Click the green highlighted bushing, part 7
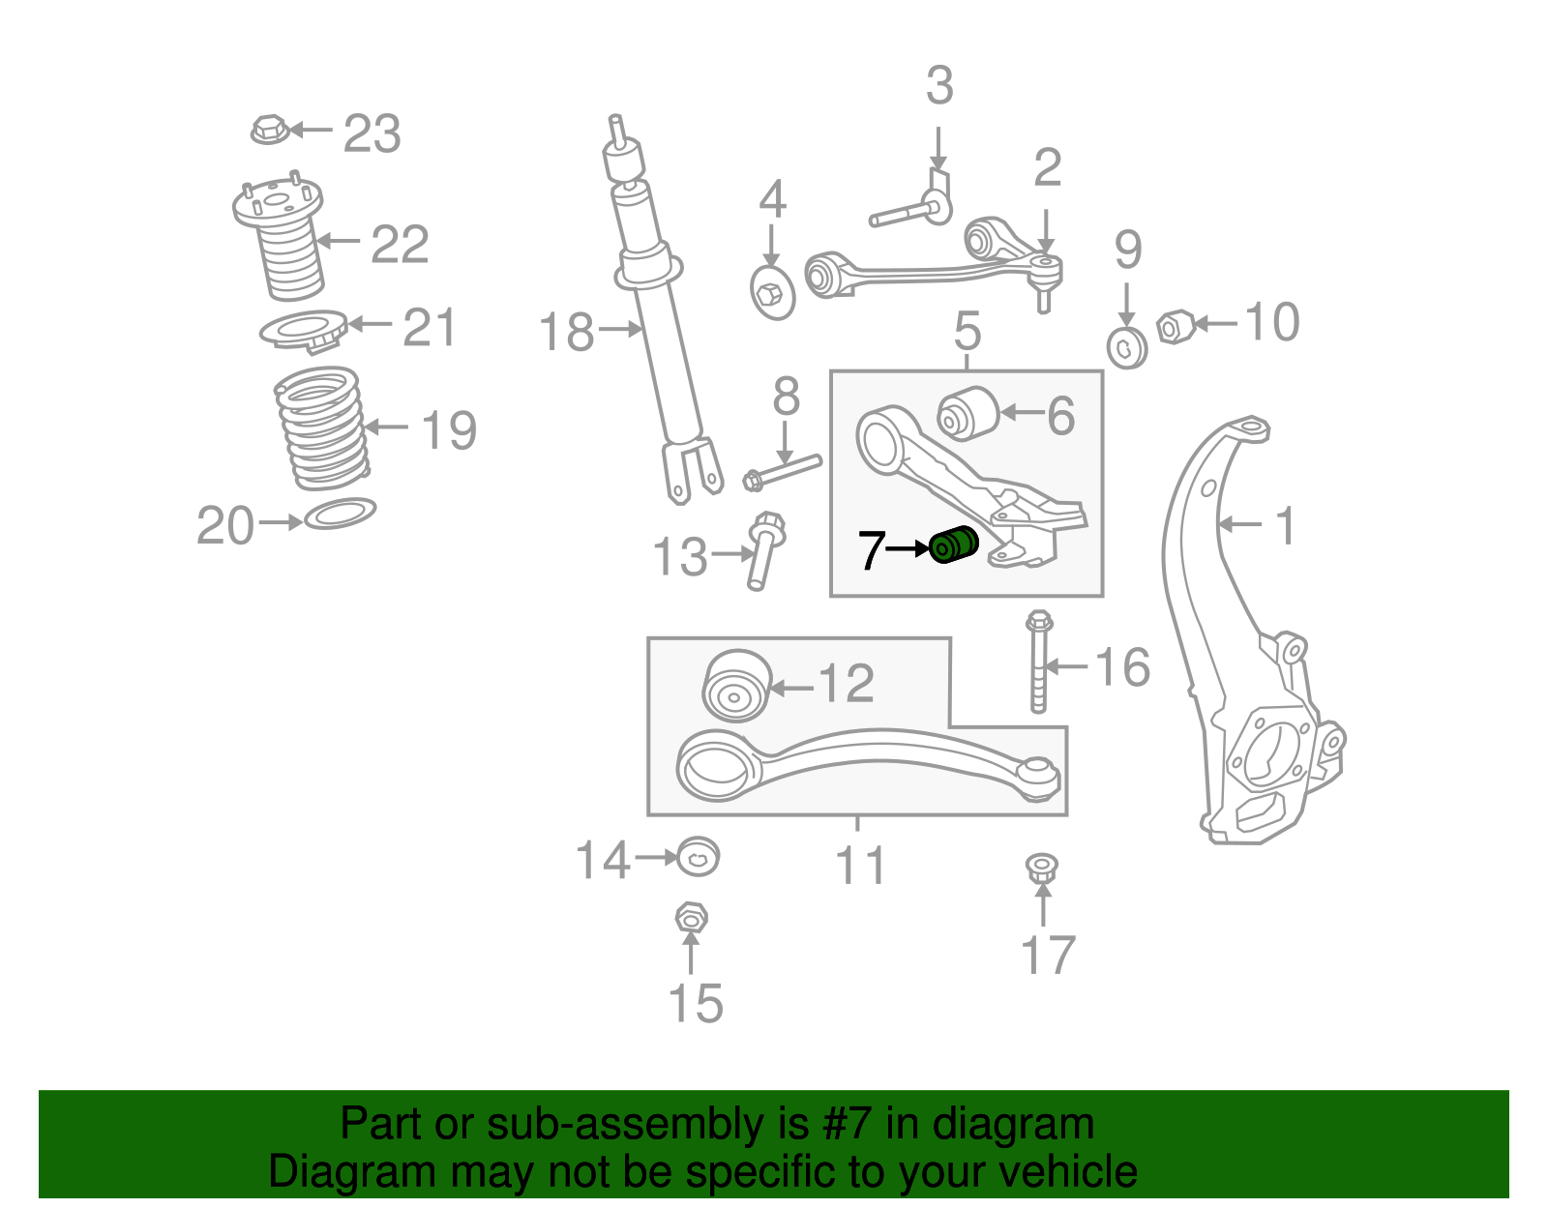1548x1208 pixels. click(x=953, y=545)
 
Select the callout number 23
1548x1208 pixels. click(x=372, y=133)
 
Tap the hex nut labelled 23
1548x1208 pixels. click(x=268, y=129)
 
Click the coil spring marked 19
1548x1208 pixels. click(x=321, y=427)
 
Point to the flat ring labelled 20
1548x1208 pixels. click(x=340, y=513)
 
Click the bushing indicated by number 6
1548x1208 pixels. click(x=967, y=411)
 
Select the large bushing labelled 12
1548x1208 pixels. click(x=736, y=686)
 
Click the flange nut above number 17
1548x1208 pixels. click(x=1042, y=867)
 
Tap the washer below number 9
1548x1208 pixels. click(x=1127, y=347)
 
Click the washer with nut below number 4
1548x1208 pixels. click(x=772, y=290)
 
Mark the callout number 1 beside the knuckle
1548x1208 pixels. click(x=1284, y=527)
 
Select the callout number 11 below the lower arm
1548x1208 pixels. click(x=860, y=866)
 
